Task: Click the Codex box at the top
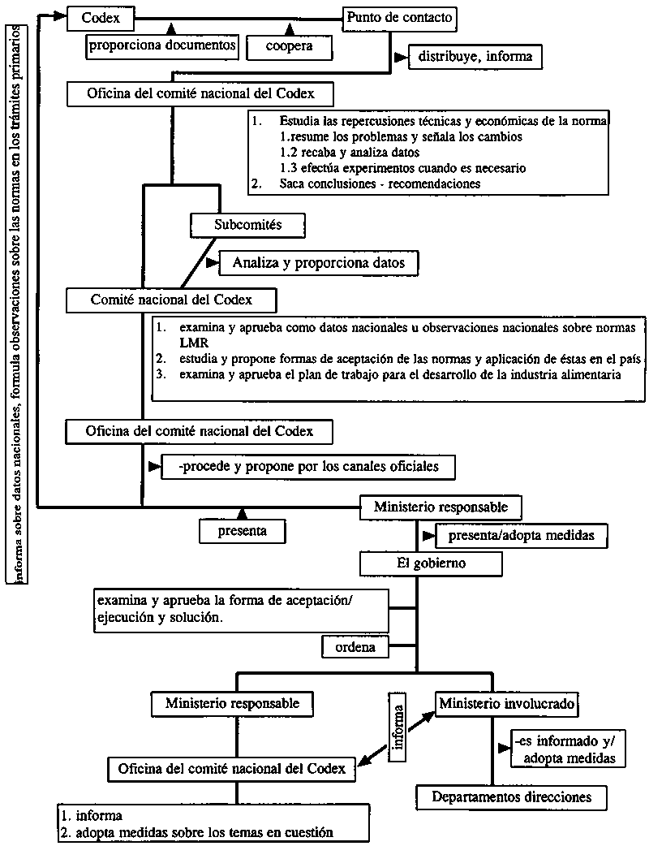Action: coord(100,15)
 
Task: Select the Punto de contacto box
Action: coord(398,17)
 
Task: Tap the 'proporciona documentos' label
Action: coord(162,46)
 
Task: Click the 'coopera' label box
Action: coord(289,48)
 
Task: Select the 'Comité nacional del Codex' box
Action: coord(172,300)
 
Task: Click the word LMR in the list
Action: coord(194,343)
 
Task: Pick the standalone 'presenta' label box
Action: coord(243,532)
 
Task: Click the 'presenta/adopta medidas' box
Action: coord(522,536)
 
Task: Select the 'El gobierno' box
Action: coord(415,562)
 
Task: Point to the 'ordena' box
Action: coord(355,647)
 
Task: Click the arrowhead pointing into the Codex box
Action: coord(58,15)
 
